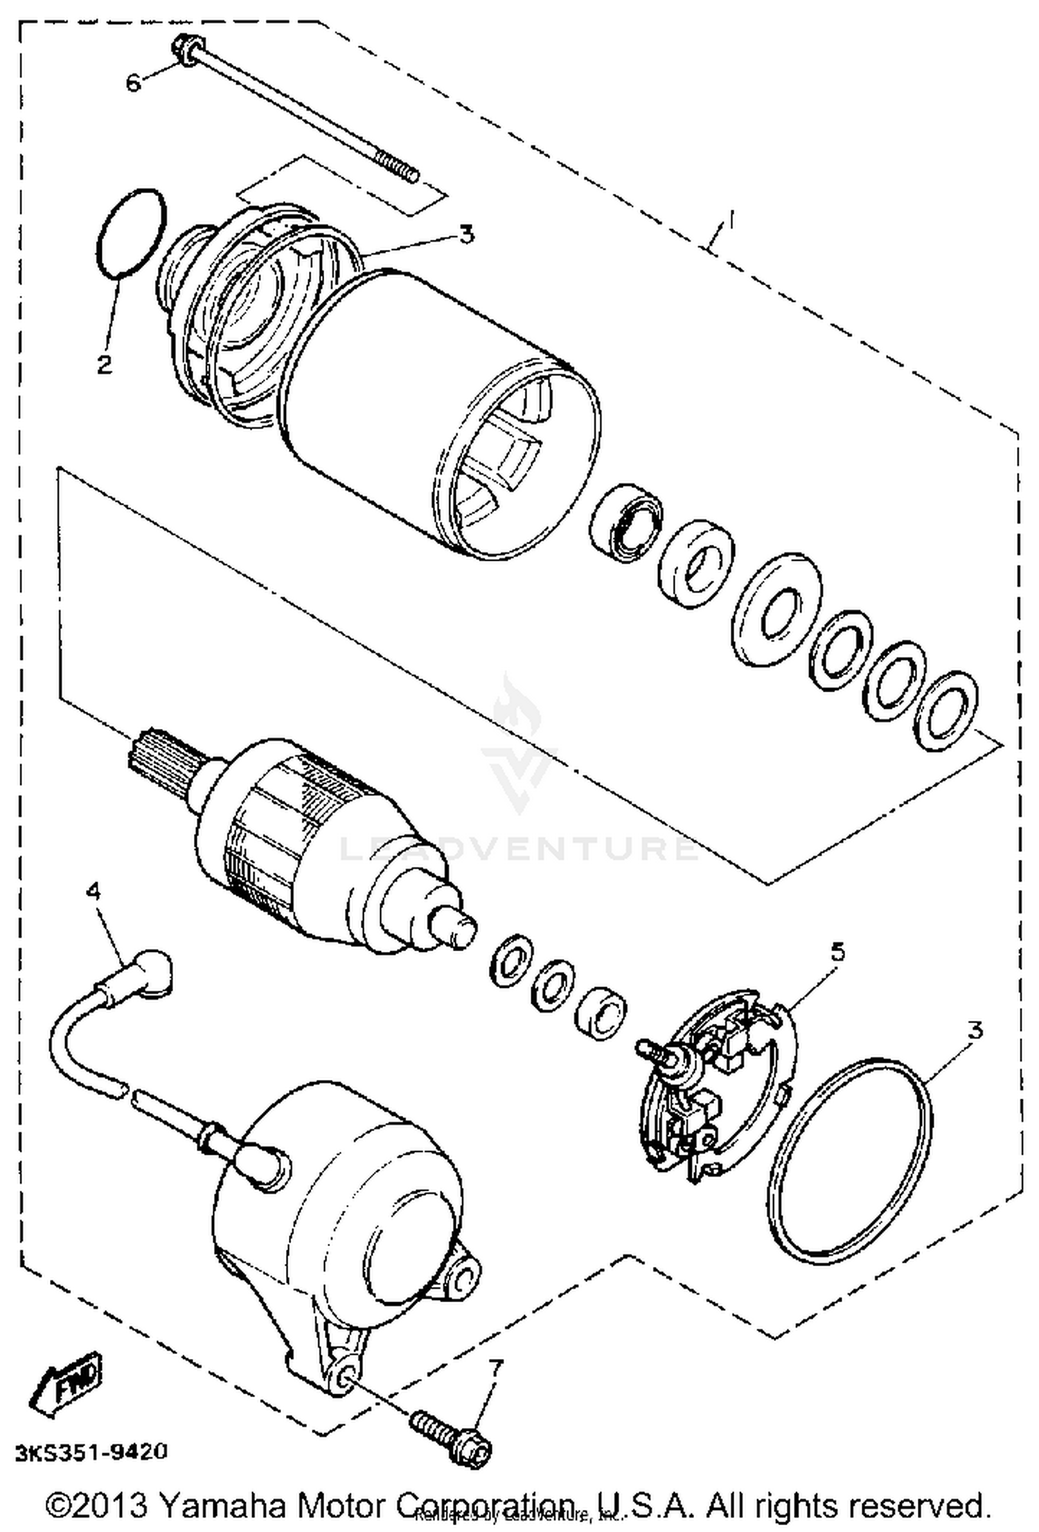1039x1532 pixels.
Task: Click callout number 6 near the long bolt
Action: tap(133, 83)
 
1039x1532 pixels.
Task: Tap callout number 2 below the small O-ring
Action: tap(105, 363)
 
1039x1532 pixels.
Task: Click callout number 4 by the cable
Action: tap(93, 891)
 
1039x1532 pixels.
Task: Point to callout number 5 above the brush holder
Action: tap(837, 953)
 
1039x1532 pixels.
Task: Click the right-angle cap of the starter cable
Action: tap(152, 973)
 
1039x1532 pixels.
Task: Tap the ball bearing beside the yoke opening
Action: tap(625, 520)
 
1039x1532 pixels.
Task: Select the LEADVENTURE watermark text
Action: tap(519, 848)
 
